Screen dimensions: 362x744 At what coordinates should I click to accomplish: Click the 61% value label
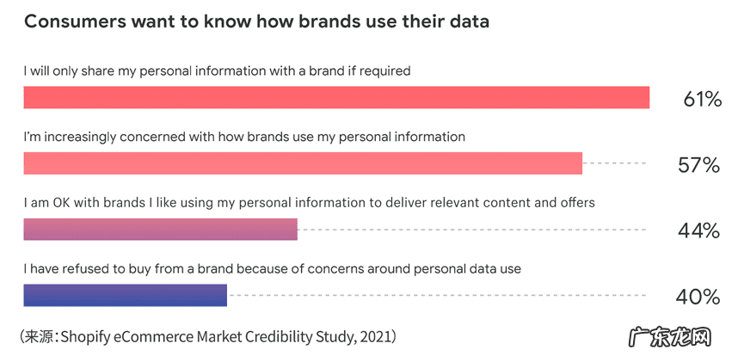pos(702,99)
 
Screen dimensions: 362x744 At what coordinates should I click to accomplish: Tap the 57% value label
pos(698,165)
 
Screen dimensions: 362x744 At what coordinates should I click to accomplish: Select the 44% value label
pos(698,230)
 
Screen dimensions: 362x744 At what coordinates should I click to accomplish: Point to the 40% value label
pos(698,297)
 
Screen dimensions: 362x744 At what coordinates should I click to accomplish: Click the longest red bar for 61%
pos(336,98)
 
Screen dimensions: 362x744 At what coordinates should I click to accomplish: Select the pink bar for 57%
pos(303,163)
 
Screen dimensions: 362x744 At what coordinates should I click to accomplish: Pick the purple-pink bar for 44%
pos(160,230)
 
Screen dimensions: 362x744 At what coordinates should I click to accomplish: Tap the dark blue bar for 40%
pos(125,295)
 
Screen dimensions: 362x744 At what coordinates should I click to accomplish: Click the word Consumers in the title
pos(73,21)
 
